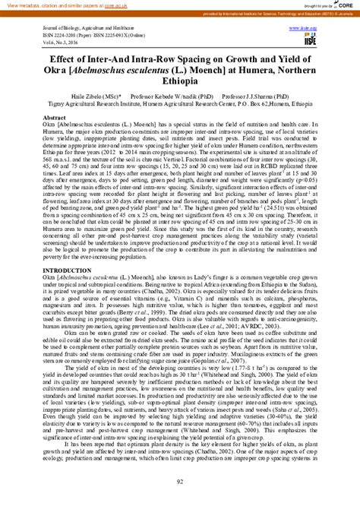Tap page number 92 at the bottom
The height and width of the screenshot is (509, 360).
[x=180, y=479]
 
